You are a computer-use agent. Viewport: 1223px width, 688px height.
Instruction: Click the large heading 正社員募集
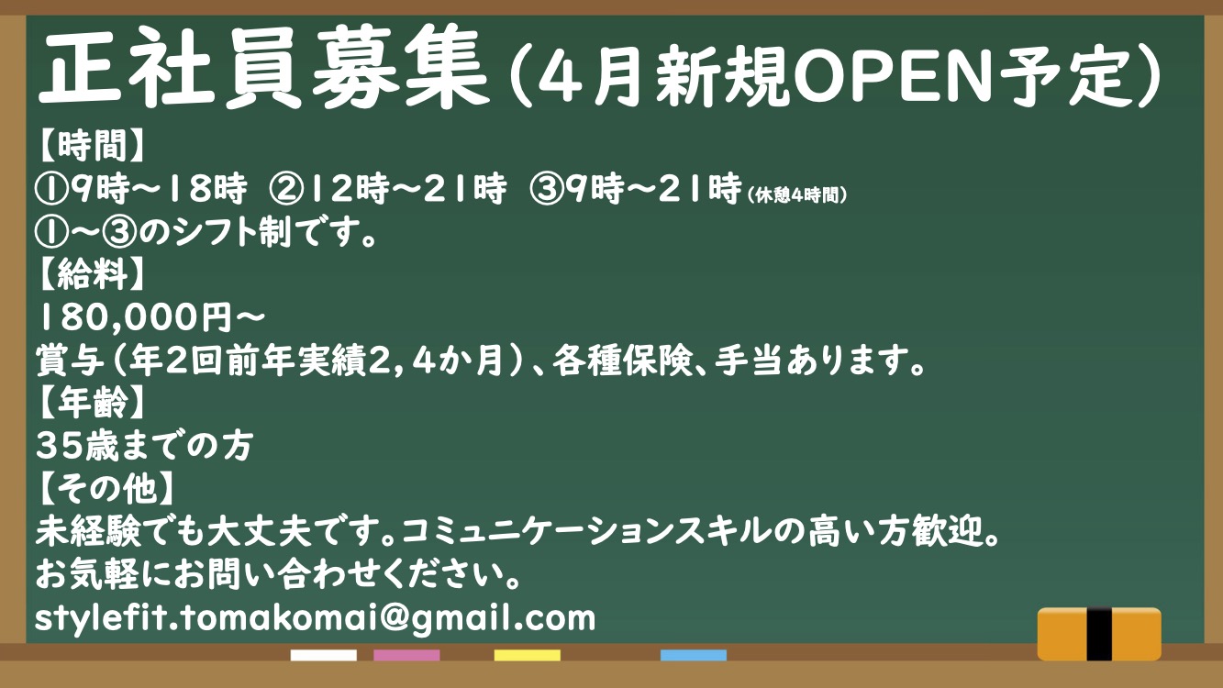point(263,68)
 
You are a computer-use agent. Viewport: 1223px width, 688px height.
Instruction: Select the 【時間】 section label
point(91,146)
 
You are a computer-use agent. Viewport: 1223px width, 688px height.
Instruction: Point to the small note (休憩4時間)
point(796,194)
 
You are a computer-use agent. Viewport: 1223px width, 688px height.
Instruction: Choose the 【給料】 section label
point(91,273)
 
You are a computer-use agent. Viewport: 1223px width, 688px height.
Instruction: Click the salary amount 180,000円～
point(150,317)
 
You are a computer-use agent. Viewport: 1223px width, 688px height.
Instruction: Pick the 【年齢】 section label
point(91,403)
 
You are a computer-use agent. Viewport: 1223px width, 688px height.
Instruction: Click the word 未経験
point(88,531)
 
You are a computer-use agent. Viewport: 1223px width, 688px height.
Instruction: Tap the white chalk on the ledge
point(323,655)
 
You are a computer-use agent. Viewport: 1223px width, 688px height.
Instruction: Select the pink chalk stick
point(406,655)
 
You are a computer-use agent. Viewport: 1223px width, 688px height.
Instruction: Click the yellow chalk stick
point(528,655)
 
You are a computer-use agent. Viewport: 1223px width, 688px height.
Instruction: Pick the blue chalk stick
point(694,655)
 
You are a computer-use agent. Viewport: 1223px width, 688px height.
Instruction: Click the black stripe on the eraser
point(1099,634)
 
